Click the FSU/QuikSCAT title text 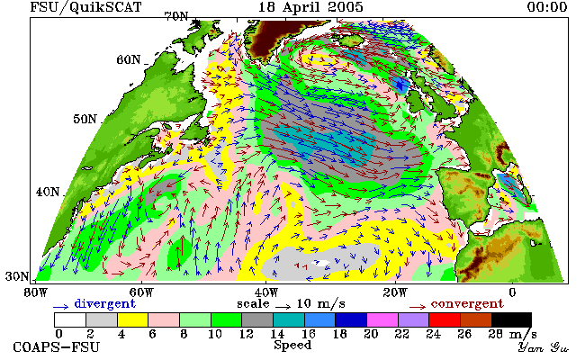pyautogui.click(x=85, y=7)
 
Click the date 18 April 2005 pyautogui.click(x=310, y=7)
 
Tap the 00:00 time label pyautogui.click(x=547, y=6)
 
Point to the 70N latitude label pyautogui.click(x=176, y=16)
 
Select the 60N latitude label pyautogui.click(x=129, y=59)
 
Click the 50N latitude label pyautogui.click(x=85, y=119)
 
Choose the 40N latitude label pyautogui.click(x=48, y=192)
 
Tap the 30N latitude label pyautogui.click(x=17, y=276)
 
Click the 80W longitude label pyautogui.click(x=36, y=292)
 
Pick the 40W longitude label pyautogui.click(x=266, y=292)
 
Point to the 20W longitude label pyautogui.click(x=395, y=292)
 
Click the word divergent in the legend pyautogui.click(x=104, y=304)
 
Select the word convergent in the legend pyautogui.click(x=467, y=304)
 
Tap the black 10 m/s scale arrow pyautogui.click(x=283, y=307)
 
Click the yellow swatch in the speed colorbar pyautogui.click(x=132, y=320)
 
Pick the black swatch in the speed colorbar pyautogui.click(x=511, y=320)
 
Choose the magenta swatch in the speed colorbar pyautogui.click(x=382, y=320)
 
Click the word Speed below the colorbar pyautogui.click(x=292, y=345)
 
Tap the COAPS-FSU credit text pyautogui.click(x=57, y=346)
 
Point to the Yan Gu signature pyautogui.click(x=543, y=347)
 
